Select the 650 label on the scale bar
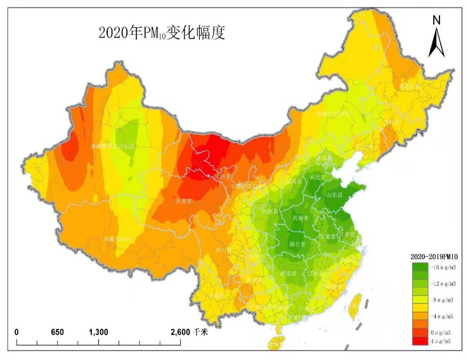pyautogui.click(x=57, y=332)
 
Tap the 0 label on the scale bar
pyautogui.click(x=17, y=332)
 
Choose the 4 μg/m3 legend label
pyautogui.click(x=439, y=341)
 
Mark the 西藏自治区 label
pyautogui.click(x=117, y=240)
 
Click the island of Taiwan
pyautogui.click(x=357, y=304)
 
